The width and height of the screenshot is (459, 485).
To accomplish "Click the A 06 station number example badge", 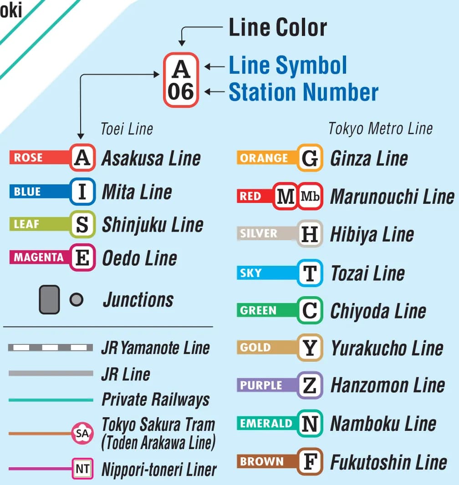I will pyautogui.click(x=181, y=80).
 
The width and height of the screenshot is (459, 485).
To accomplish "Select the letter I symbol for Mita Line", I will pyautogui.click(x=82, y=192).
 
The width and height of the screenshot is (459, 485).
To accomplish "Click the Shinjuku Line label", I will pyautogui.click(x=152, y=225).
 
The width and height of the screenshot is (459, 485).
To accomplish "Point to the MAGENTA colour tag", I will pyautogui.click(x=39, y=258).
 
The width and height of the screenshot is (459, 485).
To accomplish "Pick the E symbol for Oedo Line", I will pyautogui.click(x=82, y=258).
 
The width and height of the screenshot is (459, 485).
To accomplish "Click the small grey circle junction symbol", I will pyautogui.click(x=76, y=299).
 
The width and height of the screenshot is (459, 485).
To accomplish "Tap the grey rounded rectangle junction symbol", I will pyautogui.click(x=49, y=299).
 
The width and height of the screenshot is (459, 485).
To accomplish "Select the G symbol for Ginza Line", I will pyautogui.click(x=310, y=158).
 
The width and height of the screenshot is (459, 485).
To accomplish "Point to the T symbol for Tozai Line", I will pyautogui.click(x=310, y=273).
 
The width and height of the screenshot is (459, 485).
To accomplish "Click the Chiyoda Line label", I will pyautogui.click(x=377, y=311).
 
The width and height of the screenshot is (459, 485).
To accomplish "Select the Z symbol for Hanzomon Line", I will pyautogui.click(x=310, y=385).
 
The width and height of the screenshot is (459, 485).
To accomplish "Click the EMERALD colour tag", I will pyautogui.click(x=266, y=424).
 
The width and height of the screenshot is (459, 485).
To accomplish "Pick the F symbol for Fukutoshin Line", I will pyautogui.click(x=310, y=462).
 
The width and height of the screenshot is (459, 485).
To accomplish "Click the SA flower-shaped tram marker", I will pyautogui.click(x=82, y=434).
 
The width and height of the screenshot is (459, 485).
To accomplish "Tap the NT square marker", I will pyautogui.click(x=82, y=469).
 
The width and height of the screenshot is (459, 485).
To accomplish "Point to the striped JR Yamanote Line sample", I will pyautogui.click(x=50, y=348).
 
